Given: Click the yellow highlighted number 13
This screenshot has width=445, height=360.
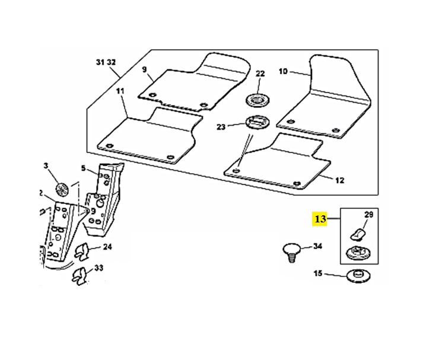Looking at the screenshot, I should click(320, 219).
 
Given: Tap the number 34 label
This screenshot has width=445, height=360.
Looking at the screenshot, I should click(317, 246).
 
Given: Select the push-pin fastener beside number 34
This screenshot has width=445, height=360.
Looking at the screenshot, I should click(290, 252).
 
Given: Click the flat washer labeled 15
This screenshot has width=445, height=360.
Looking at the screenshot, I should click(357, 275).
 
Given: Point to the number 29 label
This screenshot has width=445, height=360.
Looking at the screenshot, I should click(368, 214).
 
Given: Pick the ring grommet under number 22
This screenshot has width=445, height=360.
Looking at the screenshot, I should click(258, 98).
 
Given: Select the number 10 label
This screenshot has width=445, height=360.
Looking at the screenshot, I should click(283, 71).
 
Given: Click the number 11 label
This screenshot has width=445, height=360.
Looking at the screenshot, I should click(120, 91).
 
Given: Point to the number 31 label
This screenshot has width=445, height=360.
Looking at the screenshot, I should click(100, 62).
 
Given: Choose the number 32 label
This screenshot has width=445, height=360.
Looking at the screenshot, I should click(111, 62).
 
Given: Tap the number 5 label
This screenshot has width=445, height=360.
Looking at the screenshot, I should click(84, 168).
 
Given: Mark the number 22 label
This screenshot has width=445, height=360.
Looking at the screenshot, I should click(260, 74).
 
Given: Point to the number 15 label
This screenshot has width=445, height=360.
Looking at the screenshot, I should click(317, 273).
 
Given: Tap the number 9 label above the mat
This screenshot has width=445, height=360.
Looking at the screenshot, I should click(144, 69).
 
